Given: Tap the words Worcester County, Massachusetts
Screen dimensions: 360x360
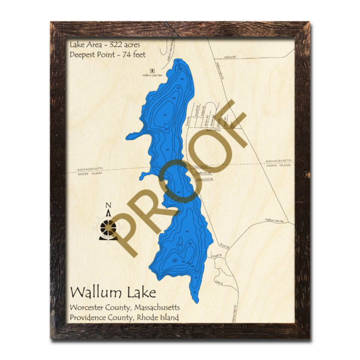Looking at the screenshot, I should [125, 307].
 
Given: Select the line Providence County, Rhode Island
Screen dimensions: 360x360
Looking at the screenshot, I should [123, 318].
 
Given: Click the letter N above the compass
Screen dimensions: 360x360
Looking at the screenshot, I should [109, 206].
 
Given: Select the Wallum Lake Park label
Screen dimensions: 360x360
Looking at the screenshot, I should [152, 75].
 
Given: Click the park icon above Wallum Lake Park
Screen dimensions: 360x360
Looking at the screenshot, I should [152, 70].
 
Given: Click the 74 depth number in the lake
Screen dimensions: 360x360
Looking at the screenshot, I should [165, 114].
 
